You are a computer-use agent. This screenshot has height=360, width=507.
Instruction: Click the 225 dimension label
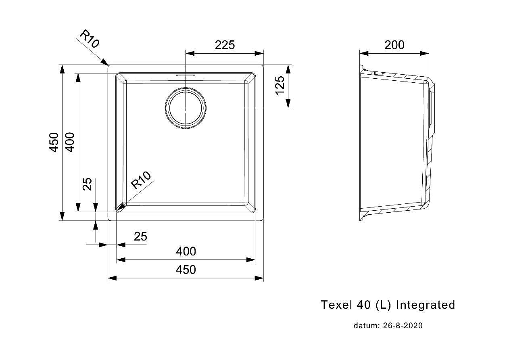click(225, 45)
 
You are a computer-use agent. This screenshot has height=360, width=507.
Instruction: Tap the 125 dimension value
click(280, 85)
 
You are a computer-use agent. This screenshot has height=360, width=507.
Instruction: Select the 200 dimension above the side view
click(394, 45)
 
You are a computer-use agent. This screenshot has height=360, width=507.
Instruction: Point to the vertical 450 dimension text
click(54, 142)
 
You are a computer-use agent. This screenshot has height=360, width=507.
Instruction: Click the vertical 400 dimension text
click(70, 142)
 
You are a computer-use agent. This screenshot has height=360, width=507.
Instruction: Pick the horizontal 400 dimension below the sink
click(186, 251)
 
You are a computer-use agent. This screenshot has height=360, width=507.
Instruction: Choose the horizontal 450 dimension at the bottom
click(186, 270)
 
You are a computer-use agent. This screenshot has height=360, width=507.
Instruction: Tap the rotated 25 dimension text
click(87, 184)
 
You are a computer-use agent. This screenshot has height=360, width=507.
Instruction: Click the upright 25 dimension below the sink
click(140, 237)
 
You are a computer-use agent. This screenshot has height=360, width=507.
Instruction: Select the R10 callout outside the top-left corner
click(90, 39)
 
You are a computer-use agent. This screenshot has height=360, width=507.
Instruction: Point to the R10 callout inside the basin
click(141, 180)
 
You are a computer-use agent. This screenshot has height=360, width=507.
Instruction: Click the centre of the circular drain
click(186, 108)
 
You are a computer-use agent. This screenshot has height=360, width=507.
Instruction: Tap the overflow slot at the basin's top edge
click(186, 75)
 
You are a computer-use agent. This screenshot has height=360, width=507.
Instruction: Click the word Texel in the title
click(336, 305)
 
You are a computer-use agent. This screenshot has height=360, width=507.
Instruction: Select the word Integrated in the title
click(425, 305)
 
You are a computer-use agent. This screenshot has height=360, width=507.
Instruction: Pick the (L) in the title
click(383, 305)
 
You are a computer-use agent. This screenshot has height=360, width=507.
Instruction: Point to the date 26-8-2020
click(403, 326)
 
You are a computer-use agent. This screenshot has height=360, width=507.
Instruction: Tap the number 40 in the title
click(364, 305)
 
